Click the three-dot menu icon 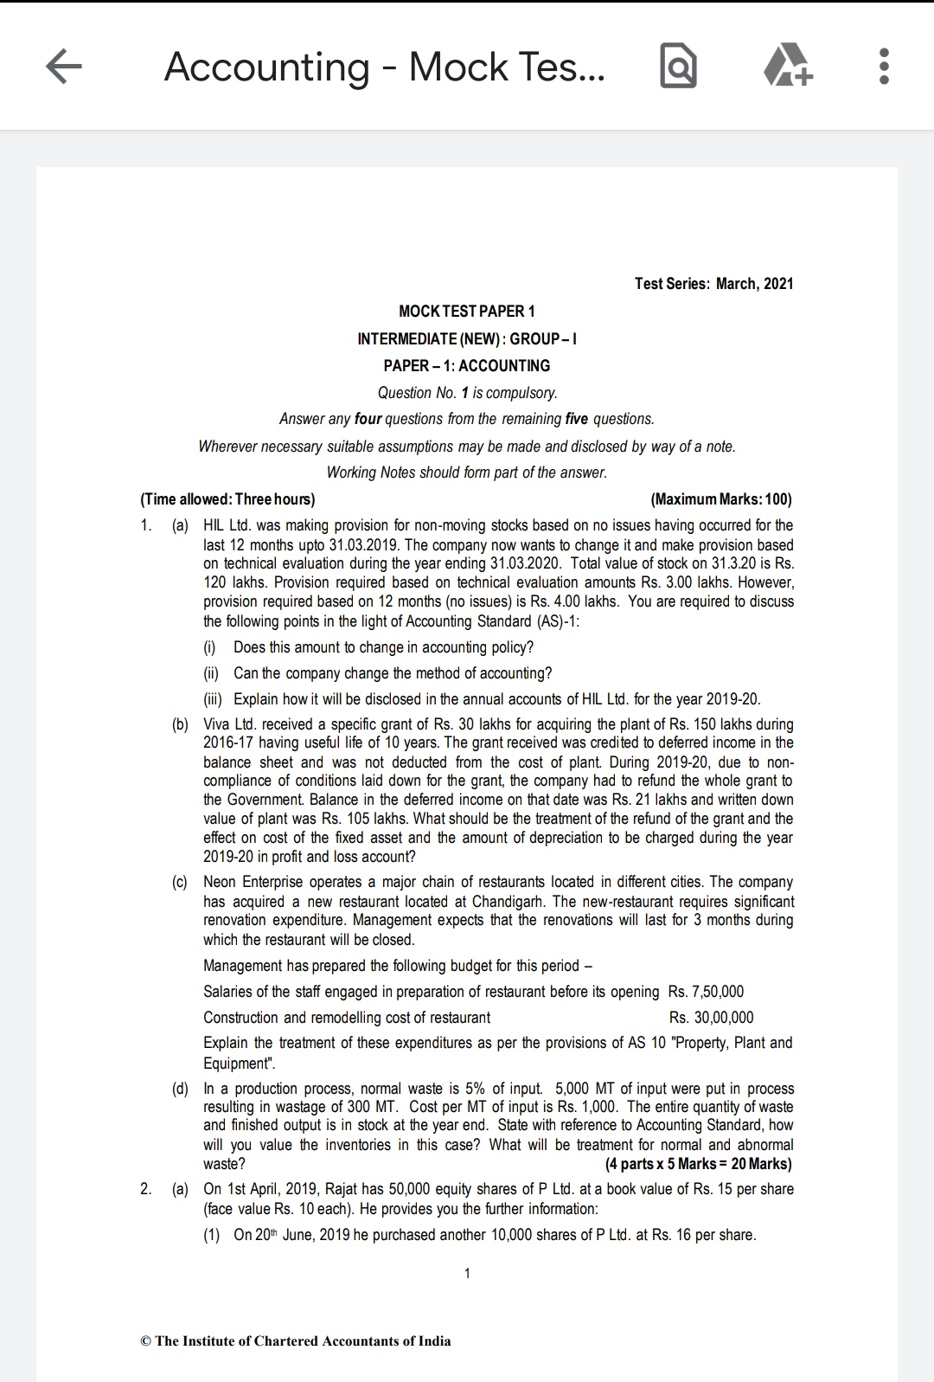(x=882, y=67)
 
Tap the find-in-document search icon (x=678, y=67)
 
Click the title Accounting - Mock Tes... (x=385, y=67)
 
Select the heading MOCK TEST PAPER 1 (x=467, y=312)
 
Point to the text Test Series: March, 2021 (x=713, y=284)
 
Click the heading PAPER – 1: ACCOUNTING (x=467, y=365)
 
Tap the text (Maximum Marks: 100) (x=720, y=499)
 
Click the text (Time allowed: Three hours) (x=227, y=499)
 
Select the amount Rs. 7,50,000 (x=706, y=992)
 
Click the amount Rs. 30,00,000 (x=711, y=1018)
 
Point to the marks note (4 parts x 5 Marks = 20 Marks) (x=698, y=1164)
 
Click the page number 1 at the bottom (x=467, y=1273)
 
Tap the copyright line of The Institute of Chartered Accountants (x=295, y=1341)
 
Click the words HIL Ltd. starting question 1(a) (x=228, y=525)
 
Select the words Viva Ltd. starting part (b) (x=230, y=724)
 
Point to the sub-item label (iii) (x=213, y=699)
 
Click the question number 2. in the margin (x=146, y=1189)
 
